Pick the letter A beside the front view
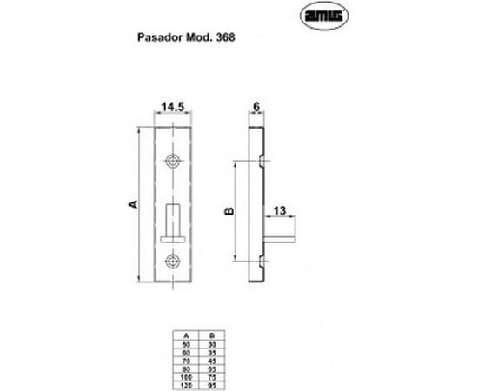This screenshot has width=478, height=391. pos(133,204)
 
